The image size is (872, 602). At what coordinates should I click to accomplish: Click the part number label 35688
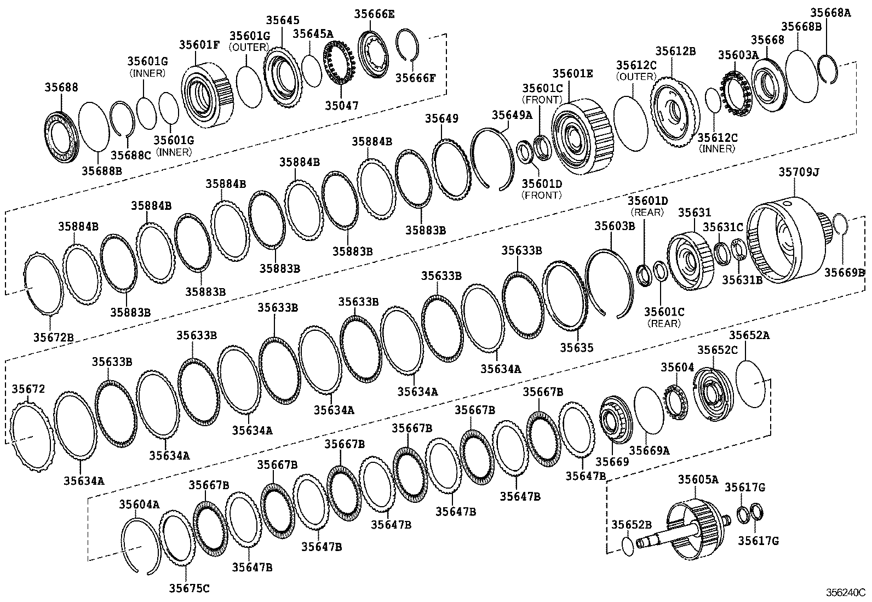tap(61, 87)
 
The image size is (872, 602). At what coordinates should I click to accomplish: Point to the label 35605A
tap(698, 479)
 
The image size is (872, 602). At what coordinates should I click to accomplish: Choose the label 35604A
tap(139, 504)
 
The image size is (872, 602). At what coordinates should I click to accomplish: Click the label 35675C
tap(188, 588)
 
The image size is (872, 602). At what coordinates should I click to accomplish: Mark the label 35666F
tap(416, 78)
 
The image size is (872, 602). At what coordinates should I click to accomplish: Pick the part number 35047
tap(341, 105)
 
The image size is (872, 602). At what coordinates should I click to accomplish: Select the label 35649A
tap(512, 114)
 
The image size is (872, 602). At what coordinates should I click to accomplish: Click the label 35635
tap(576, 347)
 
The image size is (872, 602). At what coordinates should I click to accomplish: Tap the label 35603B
tap(615, 225)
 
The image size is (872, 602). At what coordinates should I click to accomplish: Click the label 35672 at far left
tap(28, 389)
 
